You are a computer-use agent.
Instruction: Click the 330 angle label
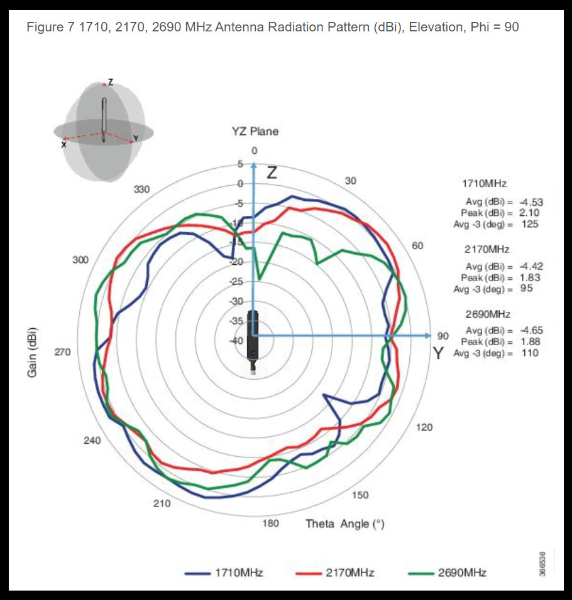click(x=143, y=189)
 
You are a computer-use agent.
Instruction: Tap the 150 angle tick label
click(x=360, y=495)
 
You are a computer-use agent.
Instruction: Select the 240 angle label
click(x=92, y=441)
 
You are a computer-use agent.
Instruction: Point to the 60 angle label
click(x=418, y=245)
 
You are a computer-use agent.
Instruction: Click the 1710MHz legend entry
click(x=224, y=572)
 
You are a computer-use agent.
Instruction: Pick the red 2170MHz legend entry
click(x=336, y=572)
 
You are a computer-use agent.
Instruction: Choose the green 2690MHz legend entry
click(x=447, y=572)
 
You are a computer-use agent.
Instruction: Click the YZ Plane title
click(x=255, y=131)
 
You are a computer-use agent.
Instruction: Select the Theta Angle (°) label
click(x=344, y=523)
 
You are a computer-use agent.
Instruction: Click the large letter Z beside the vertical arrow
click(x=271, y=173)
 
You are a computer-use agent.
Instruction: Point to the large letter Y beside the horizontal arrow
click(x=439, y=354)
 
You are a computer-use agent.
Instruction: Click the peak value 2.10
click(x=529, y=213)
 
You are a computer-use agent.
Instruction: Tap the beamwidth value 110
click(x=530, y=353)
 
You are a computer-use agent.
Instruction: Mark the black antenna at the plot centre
click(x=253, y=339)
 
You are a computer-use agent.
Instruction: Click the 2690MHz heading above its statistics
click(x=487, y=314)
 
